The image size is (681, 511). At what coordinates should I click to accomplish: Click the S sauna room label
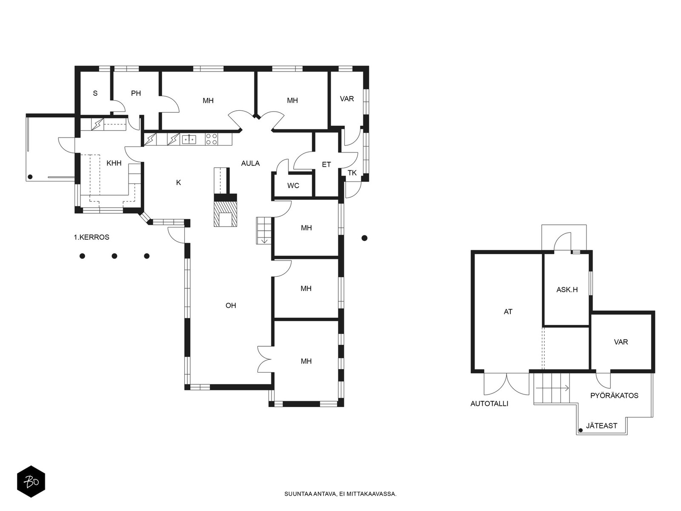tap(95, 93)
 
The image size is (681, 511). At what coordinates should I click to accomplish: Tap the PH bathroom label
tap(136, 93)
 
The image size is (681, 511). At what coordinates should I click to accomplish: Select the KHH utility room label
tap(114, 163)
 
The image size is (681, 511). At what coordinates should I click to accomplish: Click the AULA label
tap(250, 163)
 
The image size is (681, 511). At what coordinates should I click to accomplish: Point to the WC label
tap(293, 186)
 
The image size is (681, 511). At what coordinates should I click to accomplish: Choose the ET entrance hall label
tap(326, 164)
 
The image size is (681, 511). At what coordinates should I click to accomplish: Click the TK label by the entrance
tap(352, 173)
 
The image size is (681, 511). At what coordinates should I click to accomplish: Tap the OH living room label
tap(231, 306)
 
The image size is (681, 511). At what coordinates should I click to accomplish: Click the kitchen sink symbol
tap(189, 139)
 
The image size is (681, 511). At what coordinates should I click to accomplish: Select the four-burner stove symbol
tap(212, 139)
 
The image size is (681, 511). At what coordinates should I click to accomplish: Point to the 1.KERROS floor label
tap(92, 237)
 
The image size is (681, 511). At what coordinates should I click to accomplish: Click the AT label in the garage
tap(508, 312)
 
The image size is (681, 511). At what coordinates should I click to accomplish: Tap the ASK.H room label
tap(567, 290)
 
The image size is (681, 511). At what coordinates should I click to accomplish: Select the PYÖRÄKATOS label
tap(614, 396)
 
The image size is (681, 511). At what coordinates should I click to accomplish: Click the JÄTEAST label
tap(601, 426)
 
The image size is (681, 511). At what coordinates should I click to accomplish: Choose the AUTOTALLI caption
tap(489, 404)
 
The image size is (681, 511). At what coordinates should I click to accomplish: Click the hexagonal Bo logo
tap(31, 482)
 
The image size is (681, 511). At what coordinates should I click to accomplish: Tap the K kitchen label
tap(178, 183)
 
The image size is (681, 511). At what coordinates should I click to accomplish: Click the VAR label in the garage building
tap(621, 342)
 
